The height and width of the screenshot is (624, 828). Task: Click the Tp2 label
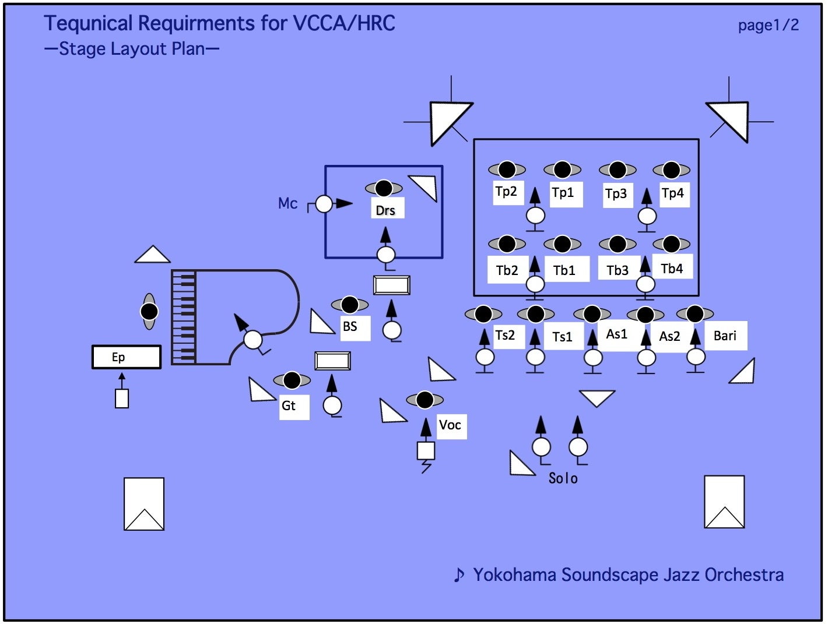point(506,192)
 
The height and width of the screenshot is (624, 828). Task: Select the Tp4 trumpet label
point(672,193)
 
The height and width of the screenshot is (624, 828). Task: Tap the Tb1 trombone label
point(564,270)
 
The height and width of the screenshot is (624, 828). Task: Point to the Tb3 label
point(618,270)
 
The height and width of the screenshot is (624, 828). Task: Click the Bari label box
point(725,336)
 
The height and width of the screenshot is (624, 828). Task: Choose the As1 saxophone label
point(616,334)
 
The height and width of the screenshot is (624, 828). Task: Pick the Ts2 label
point(505,335)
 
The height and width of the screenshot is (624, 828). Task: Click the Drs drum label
point(385,210)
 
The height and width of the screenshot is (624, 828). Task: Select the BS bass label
point(350,326)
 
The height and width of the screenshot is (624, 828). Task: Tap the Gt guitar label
point(289,406)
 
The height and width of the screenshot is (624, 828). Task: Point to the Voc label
point(450,425)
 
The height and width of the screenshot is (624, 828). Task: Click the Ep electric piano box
point(126,357)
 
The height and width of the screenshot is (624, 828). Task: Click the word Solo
point(563,478)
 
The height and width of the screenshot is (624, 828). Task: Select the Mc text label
point(287,203)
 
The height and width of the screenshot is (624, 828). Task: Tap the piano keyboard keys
point(184,318)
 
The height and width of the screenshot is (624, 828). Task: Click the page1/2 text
point(768,25)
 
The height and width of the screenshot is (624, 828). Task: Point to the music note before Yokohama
point(459,575)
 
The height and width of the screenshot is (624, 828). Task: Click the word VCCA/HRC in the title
point(344,23)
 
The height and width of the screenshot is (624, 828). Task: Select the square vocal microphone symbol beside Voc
point(426,450)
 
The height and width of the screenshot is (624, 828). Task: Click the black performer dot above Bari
point(694,314)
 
